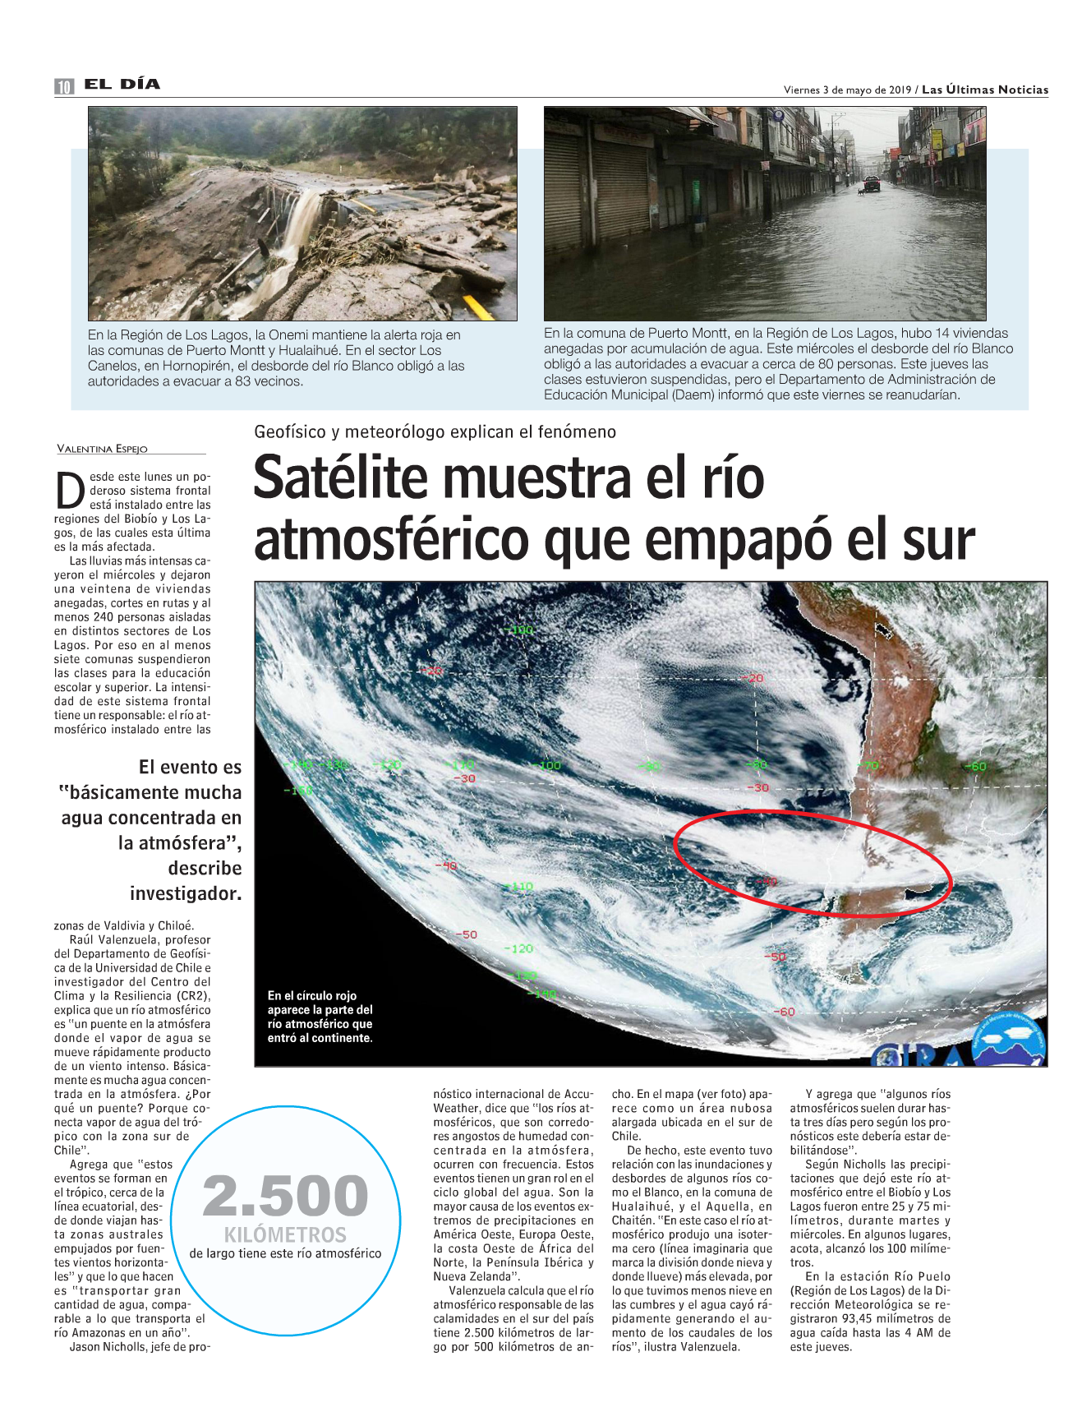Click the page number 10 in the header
[64, 86]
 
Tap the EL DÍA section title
[122, 84]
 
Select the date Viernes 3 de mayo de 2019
[847, 90]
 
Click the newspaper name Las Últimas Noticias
[985, 90]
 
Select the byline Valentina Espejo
[102, 449]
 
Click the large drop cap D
[71, 490]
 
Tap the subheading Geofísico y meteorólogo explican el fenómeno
[435, 431]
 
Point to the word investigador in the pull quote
[186, 893]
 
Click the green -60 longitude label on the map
[974, 766]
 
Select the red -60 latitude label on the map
[785, 1011]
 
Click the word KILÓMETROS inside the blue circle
[285, 1234]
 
